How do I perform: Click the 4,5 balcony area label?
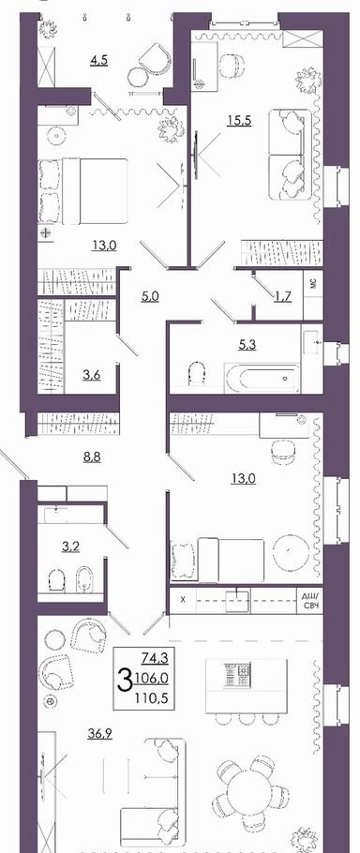(99, 59)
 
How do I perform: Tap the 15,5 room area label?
(239, 121)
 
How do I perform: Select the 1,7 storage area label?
(281, 296)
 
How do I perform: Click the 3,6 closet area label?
(90, 375)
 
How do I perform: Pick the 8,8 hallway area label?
(92, 457)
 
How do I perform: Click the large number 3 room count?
(125, 681)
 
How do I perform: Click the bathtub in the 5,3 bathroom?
(262, 378)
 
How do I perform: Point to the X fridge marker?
(183, 600)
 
